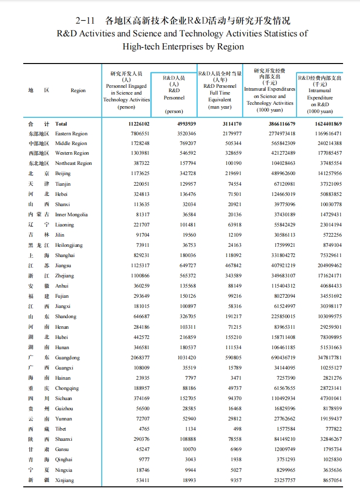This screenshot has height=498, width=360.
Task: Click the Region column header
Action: (x=78, y=91)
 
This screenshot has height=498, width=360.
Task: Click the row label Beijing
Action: (x=63, y=174)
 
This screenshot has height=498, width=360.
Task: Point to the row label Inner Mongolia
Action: (x=71, y=214)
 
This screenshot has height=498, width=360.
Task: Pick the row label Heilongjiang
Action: (x=69, y=245)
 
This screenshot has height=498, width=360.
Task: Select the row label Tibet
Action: (x=61, y=429)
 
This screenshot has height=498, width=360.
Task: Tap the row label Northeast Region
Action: (x=73, y=163)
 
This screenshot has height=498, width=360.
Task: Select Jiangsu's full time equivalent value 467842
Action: (x=231, y=266)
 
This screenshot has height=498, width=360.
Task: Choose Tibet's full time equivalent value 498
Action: (x=237, y=429)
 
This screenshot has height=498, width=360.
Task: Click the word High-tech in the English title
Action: (x=143, y=47)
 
